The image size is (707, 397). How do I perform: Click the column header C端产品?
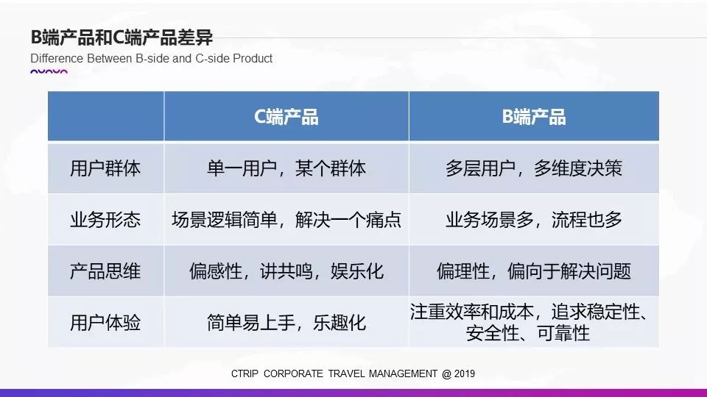(286, 117)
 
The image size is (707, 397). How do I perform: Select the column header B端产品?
(534, 117)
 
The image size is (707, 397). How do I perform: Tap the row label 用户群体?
(105, 168)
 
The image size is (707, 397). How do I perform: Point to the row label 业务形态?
(105, 220)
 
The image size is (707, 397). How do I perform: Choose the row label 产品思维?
(105, 271)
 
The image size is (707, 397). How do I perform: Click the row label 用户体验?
(105, 322)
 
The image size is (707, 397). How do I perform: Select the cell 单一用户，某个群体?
(286, 168)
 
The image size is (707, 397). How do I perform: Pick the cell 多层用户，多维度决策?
(534, 168)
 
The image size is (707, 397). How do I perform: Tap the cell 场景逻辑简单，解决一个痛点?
(286, 220)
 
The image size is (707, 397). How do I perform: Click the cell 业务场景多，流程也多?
(534, 220)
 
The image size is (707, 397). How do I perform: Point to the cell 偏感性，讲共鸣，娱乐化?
(286, 271)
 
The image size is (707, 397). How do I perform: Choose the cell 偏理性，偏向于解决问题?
(534, 271)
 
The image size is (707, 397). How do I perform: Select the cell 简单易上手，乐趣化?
(286, 322)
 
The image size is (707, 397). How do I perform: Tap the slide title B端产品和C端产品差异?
(122, 37)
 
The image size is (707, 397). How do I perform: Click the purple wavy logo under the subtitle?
(49, 71)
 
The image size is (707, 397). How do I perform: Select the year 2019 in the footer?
(465, 373)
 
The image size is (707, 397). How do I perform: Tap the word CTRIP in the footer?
(245, 373)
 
